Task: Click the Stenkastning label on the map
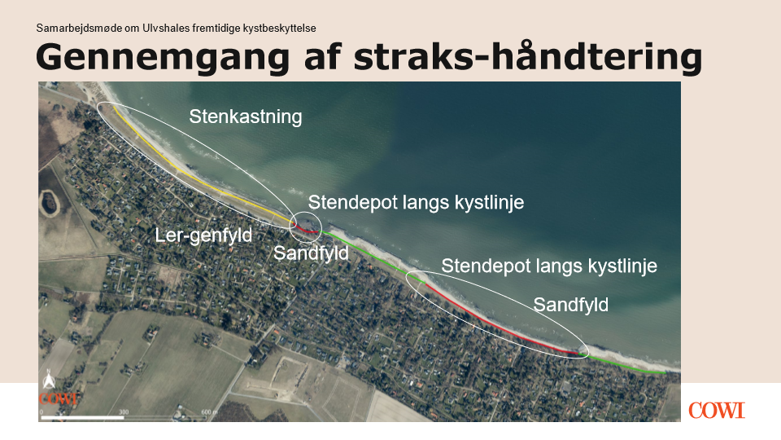tap(246, 117)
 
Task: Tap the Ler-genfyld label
tap(203, 235)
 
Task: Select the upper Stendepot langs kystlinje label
tap(416, 203)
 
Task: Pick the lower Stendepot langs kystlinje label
tap(549, 266)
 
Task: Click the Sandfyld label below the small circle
tap(311, 253)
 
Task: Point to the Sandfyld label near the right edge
tap(571, 305)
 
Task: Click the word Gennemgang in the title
tap(163, 57)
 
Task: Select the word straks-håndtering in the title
tap(528, 56)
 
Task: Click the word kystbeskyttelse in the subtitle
tap(279, 29)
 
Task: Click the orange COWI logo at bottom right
tap(717, 411)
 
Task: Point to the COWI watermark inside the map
tap(59, 398)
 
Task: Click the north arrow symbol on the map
tap(48, 381)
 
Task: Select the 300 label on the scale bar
tap(124, 412)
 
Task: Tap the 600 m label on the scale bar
tap(209, 412)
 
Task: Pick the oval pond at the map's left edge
tap(49, 202)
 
